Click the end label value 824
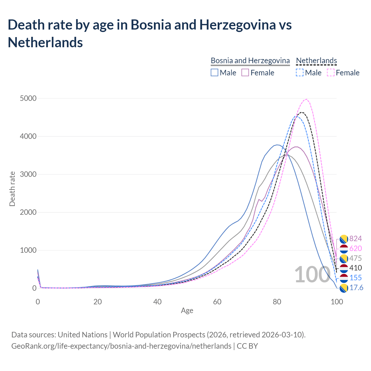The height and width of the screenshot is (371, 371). pos(355,239)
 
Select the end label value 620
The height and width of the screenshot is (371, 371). pos(355,248)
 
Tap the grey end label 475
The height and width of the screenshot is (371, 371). pos(355,258)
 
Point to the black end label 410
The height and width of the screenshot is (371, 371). pos(355,268)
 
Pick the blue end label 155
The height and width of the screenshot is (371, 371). pos(356,278)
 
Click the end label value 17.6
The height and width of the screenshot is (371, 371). pos(356,288)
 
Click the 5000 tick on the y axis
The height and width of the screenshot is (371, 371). pos(28,99)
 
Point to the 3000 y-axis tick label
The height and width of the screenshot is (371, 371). pos(28,174)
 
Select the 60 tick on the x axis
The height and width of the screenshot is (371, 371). pos(217,302)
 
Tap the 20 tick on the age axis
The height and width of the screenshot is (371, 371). pos(97,302)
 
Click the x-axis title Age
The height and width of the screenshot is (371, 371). pos(187,311)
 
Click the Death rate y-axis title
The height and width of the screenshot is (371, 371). pos(12,189)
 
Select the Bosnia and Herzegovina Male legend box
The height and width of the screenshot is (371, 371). pos(214,72)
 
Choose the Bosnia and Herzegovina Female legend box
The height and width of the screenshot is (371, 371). pos(245,72)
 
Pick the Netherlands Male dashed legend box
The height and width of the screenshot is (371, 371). pos(300,72)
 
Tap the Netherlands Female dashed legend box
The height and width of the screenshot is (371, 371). pos(331,72)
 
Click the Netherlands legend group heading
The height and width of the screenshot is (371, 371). pos(316,61)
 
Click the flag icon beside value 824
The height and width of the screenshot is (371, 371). pos(344,239)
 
